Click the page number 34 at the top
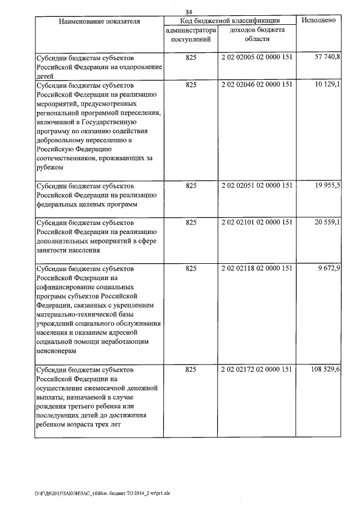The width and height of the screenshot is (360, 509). [189, 12]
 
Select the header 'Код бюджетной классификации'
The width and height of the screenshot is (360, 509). [229, 20]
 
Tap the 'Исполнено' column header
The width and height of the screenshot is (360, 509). [319, 20]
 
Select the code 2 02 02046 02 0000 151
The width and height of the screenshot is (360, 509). [257, 84]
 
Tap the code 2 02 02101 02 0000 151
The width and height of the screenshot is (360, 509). [257, 222]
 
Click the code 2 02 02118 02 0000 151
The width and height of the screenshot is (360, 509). [257, 268]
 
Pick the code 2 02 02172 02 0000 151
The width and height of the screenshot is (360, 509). [257, 370]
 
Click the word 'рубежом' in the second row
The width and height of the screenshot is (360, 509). [49, 167]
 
